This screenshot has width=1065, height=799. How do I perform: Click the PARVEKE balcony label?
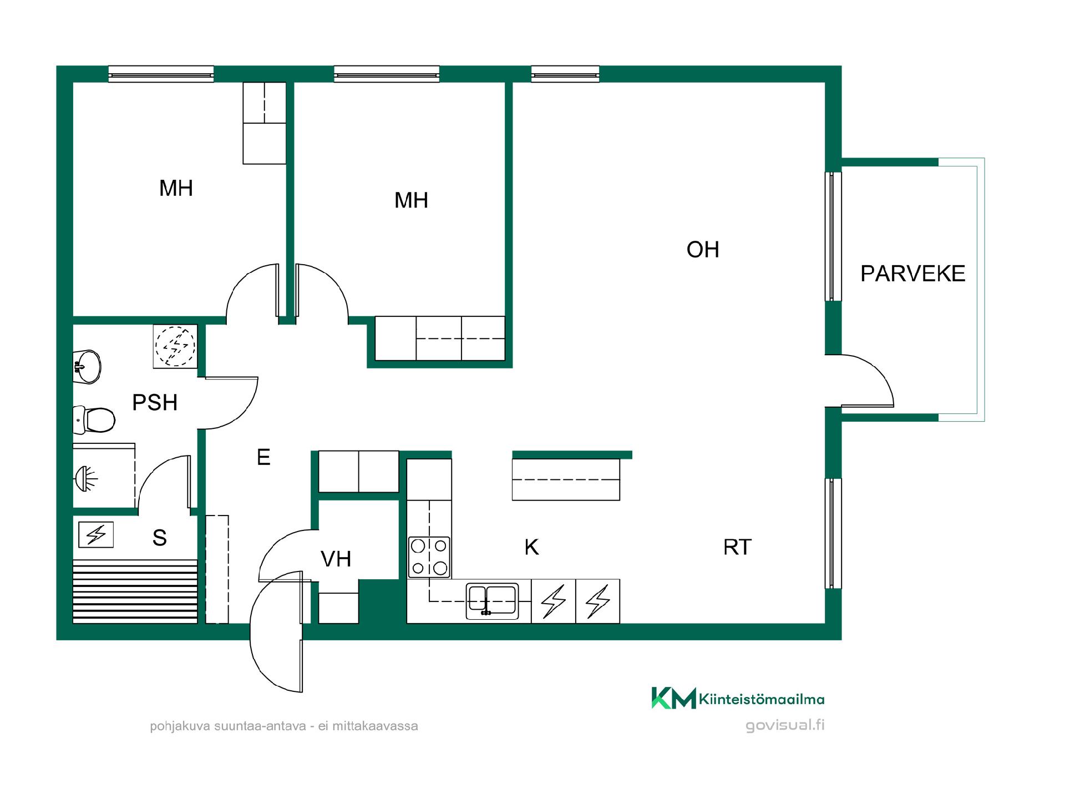(912, 274)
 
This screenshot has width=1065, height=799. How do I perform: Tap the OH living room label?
(703, 250)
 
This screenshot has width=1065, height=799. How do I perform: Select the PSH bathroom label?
(155, 402)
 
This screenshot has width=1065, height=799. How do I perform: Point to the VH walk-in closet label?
(336, 559)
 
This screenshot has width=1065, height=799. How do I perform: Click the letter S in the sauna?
(160, 537)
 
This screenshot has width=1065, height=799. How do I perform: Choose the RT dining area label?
(737, 547)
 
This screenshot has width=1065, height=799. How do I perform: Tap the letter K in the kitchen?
(531, 547)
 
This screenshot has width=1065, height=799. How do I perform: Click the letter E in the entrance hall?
(263, 457)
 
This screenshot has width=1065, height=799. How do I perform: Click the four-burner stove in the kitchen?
(429, 557)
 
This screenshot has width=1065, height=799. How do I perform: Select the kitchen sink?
(492, 601)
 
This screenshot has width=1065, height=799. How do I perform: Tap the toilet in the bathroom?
(94, 419)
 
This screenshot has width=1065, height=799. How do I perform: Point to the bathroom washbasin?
(87, 367)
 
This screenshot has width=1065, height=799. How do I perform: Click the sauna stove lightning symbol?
(96, 535)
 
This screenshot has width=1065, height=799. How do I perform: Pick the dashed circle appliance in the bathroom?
(175, 346)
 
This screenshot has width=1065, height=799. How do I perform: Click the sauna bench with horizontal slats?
(135, 591)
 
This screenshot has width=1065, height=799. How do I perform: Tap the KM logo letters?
(673, 698)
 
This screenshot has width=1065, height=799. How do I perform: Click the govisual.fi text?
(785, 725)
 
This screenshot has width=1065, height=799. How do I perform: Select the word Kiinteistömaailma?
(762, 699)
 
